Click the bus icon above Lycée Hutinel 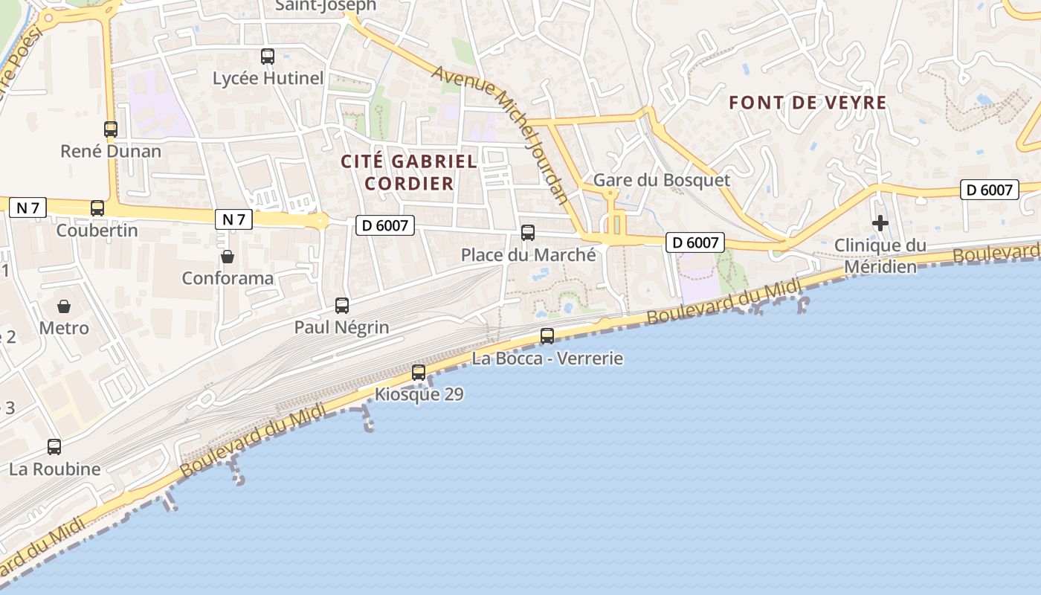tap(268, 56)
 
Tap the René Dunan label tap(111, 152)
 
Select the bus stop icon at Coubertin tap(97, 208)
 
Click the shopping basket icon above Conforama tap(228, 257)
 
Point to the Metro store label tap(64, 328)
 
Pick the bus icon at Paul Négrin tap(342, 305)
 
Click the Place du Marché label tap(528, 255)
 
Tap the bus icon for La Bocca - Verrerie tap(547, 335)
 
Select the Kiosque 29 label tap(419, 394)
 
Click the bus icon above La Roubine tap(54, 447)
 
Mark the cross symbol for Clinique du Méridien tap(880, 223)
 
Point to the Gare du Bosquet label tap(661, 180)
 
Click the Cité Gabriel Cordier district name tap(409, 172)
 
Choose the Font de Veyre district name tap(808, 103)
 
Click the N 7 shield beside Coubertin tap(28, 208)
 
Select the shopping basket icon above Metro tap(64, 306)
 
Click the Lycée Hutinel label tap(268, 78)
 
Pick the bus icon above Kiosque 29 tap(419, 372)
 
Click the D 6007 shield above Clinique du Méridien tap(989, 190)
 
